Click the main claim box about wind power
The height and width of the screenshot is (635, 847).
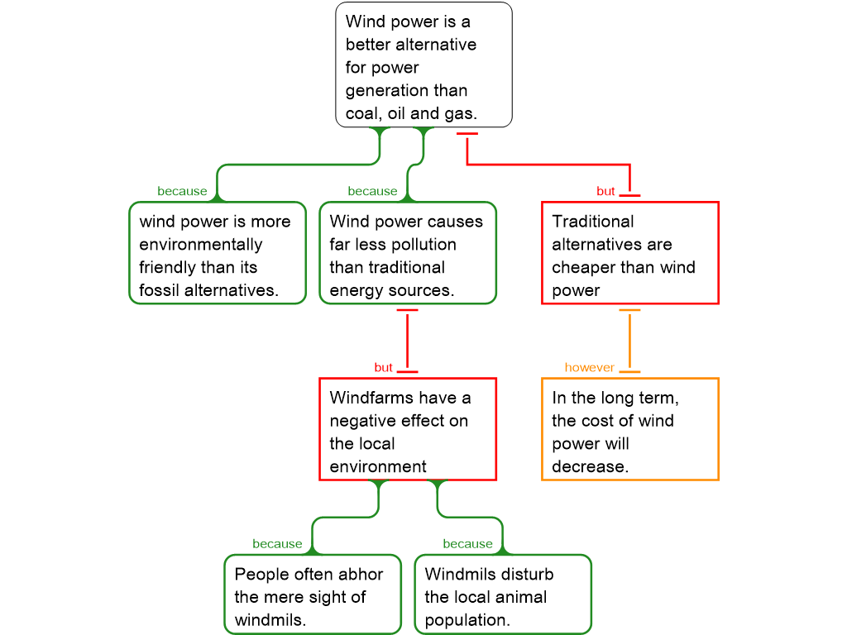[x=423, y=65]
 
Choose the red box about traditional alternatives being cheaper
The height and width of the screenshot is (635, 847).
[x=630, y=254]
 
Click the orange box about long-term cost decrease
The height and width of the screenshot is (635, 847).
[x=630, y=429]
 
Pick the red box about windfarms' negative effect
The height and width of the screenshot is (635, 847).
[x=408, y=429]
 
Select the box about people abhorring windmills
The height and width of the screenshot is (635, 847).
[x=313, y=595]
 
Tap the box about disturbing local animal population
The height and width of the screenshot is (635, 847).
[x=503, y=595]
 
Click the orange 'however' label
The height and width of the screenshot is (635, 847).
[x=589, y=368]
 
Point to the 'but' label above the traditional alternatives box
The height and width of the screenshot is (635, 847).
[x=605, y=192]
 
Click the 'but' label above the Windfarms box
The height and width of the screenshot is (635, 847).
[x=383, y=368]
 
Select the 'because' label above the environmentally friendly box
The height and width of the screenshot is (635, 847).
[x=182, y=192]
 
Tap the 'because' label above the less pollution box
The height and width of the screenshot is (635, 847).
[x=372, y=192]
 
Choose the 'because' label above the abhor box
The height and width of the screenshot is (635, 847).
[x=277, y=544]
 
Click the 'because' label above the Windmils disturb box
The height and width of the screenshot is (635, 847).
[x=467, y=544]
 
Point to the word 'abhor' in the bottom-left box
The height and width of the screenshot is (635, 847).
[x=361, y=575]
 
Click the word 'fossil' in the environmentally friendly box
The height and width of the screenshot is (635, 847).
[x=160, y=291]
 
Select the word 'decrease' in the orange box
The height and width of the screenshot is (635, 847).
[x=588, y=466]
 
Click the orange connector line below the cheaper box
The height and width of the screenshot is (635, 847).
[x=630, y=341]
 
